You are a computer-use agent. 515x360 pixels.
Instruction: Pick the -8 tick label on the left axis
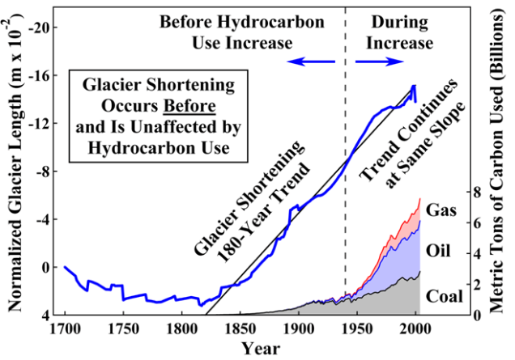point(43,171)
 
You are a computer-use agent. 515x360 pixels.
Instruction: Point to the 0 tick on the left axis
point(46,266)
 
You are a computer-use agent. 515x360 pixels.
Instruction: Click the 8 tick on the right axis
point(479,193)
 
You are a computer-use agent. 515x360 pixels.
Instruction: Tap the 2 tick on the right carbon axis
point(479,285)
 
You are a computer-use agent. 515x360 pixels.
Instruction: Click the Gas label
point(442,210)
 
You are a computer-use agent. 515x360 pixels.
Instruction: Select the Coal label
point(444,295)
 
